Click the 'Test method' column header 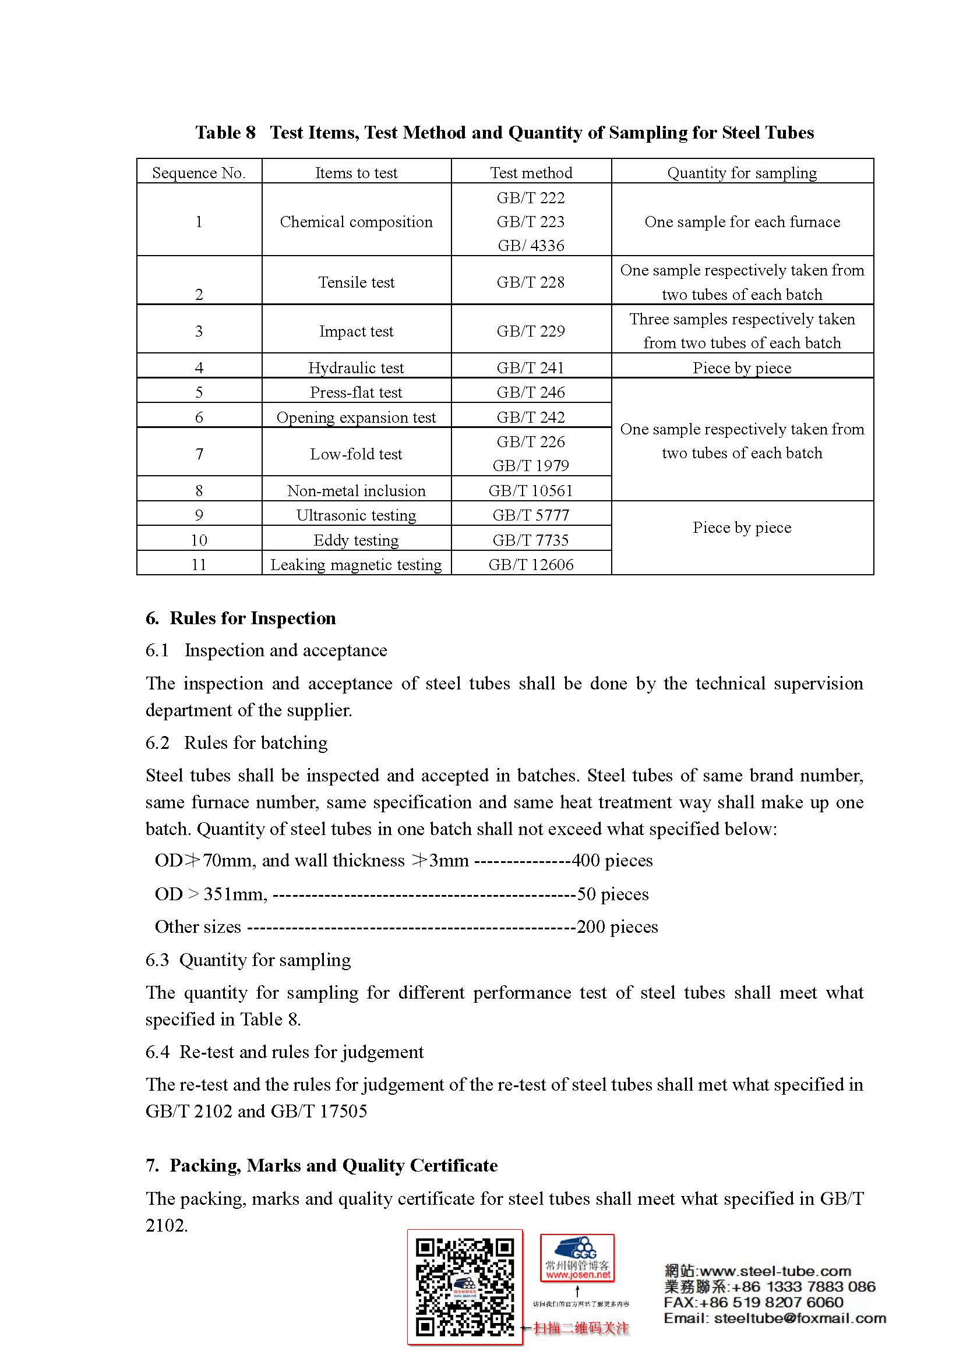[x=531, y=172]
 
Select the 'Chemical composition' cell [x=356, y=222]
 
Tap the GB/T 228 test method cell [x=531, y=282]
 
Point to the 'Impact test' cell [x=356, y=331]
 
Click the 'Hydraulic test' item [x=356, y=368]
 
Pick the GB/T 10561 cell [x=531, y=490]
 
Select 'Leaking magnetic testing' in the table [x=356, y=565]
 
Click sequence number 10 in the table [x=199, y=540]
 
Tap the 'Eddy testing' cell [x=356, y=540]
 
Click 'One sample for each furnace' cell [x=742, y=222]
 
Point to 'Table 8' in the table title [x=225, y=132]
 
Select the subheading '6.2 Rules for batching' [x=237, y=742]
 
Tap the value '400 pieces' [x=612, y=860]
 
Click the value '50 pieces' [x=613, y=894]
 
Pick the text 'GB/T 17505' [x=319, y=1111]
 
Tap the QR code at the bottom [x=464, y=1287]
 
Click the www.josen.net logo [x=577, y=1258]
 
